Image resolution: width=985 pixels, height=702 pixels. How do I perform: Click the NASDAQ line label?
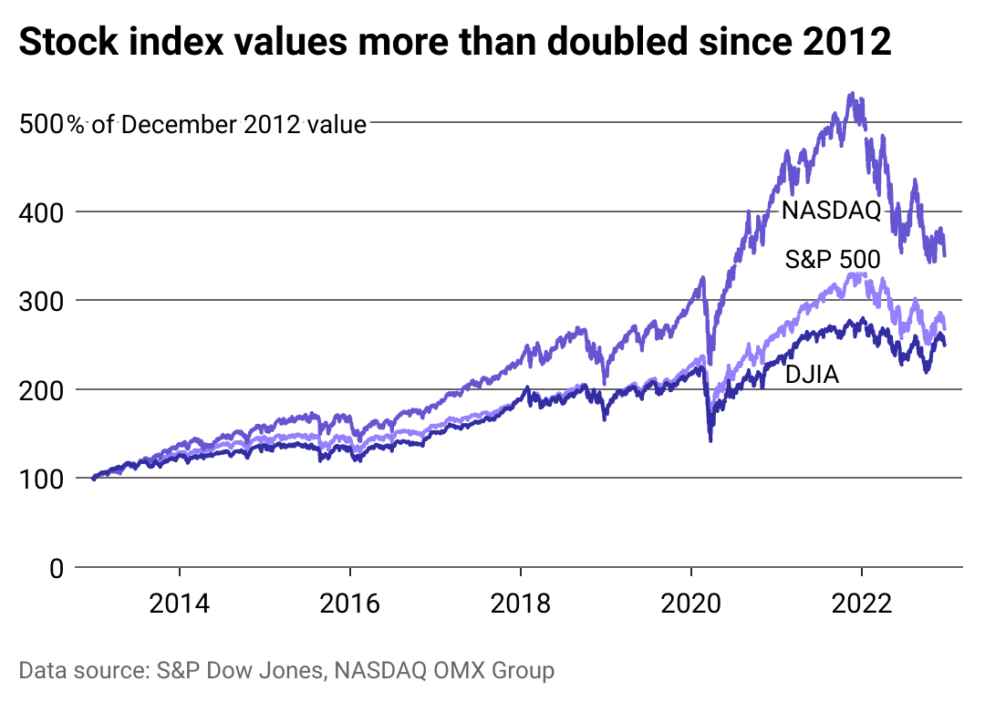click(831, 212)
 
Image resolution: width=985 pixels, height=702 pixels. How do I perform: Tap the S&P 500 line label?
click(833, 262)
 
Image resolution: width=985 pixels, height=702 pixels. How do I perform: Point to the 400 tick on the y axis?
click(40, 212)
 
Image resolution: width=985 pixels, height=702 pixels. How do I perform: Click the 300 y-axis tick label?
click(40, 301)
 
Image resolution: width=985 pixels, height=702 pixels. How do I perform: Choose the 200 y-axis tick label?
click(40, 390)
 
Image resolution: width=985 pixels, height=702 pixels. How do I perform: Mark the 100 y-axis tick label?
click(40, 479)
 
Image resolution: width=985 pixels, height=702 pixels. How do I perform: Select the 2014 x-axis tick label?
click(180, 604)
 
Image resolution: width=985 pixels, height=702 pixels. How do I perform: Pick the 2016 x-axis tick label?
click(350, 604)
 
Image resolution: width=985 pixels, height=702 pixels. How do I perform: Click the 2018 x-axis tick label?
click(521, 604)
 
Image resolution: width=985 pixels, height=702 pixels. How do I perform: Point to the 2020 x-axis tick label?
click(691, 604)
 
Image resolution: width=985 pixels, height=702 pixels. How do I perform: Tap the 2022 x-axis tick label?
click(862, 604)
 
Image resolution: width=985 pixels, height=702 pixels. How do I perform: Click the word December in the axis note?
click(179, 124)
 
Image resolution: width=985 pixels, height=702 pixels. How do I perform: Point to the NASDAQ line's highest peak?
click(852, 93)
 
